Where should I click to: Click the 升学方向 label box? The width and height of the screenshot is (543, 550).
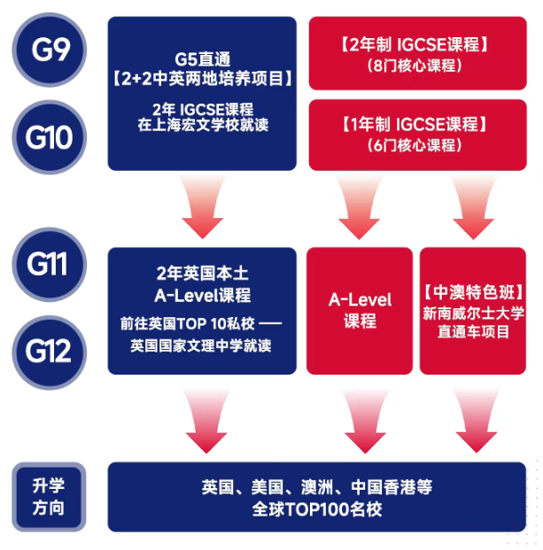point(49,497)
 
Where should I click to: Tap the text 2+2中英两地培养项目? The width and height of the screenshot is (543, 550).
point(203,79)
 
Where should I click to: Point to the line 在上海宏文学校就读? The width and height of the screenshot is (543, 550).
point(203,127)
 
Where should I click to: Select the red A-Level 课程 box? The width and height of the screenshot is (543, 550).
point(360,310)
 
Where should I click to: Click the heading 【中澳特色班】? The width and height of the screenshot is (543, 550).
point(474,290)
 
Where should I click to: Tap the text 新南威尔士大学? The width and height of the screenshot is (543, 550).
point(474,312)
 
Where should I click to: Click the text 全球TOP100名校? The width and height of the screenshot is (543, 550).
point(316,508)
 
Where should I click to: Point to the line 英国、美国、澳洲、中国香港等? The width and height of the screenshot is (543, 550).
point(316,487)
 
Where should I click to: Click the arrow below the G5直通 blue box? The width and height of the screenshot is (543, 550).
point(203,207)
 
